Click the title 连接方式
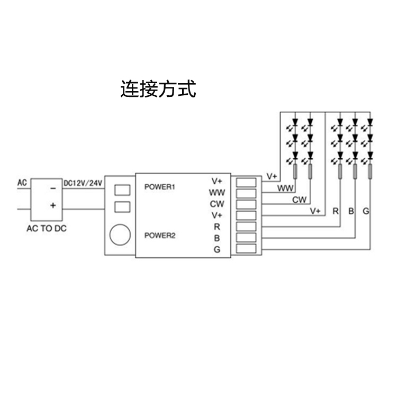point(158,88)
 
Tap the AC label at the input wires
point(22,184)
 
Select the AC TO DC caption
point(47,229)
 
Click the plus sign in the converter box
point(52,205)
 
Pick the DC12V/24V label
point(83,183)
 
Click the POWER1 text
point(159,187)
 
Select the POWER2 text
point(159,236)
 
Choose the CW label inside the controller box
point(217,204)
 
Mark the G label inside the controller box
point(217,250)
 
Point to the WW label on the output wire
point(286,188)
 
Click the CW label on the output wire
point(300,200)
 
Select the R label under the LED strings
point(336,211)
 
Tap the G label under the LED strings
point(366,211)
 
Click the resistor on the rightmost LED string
point(371,171)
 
